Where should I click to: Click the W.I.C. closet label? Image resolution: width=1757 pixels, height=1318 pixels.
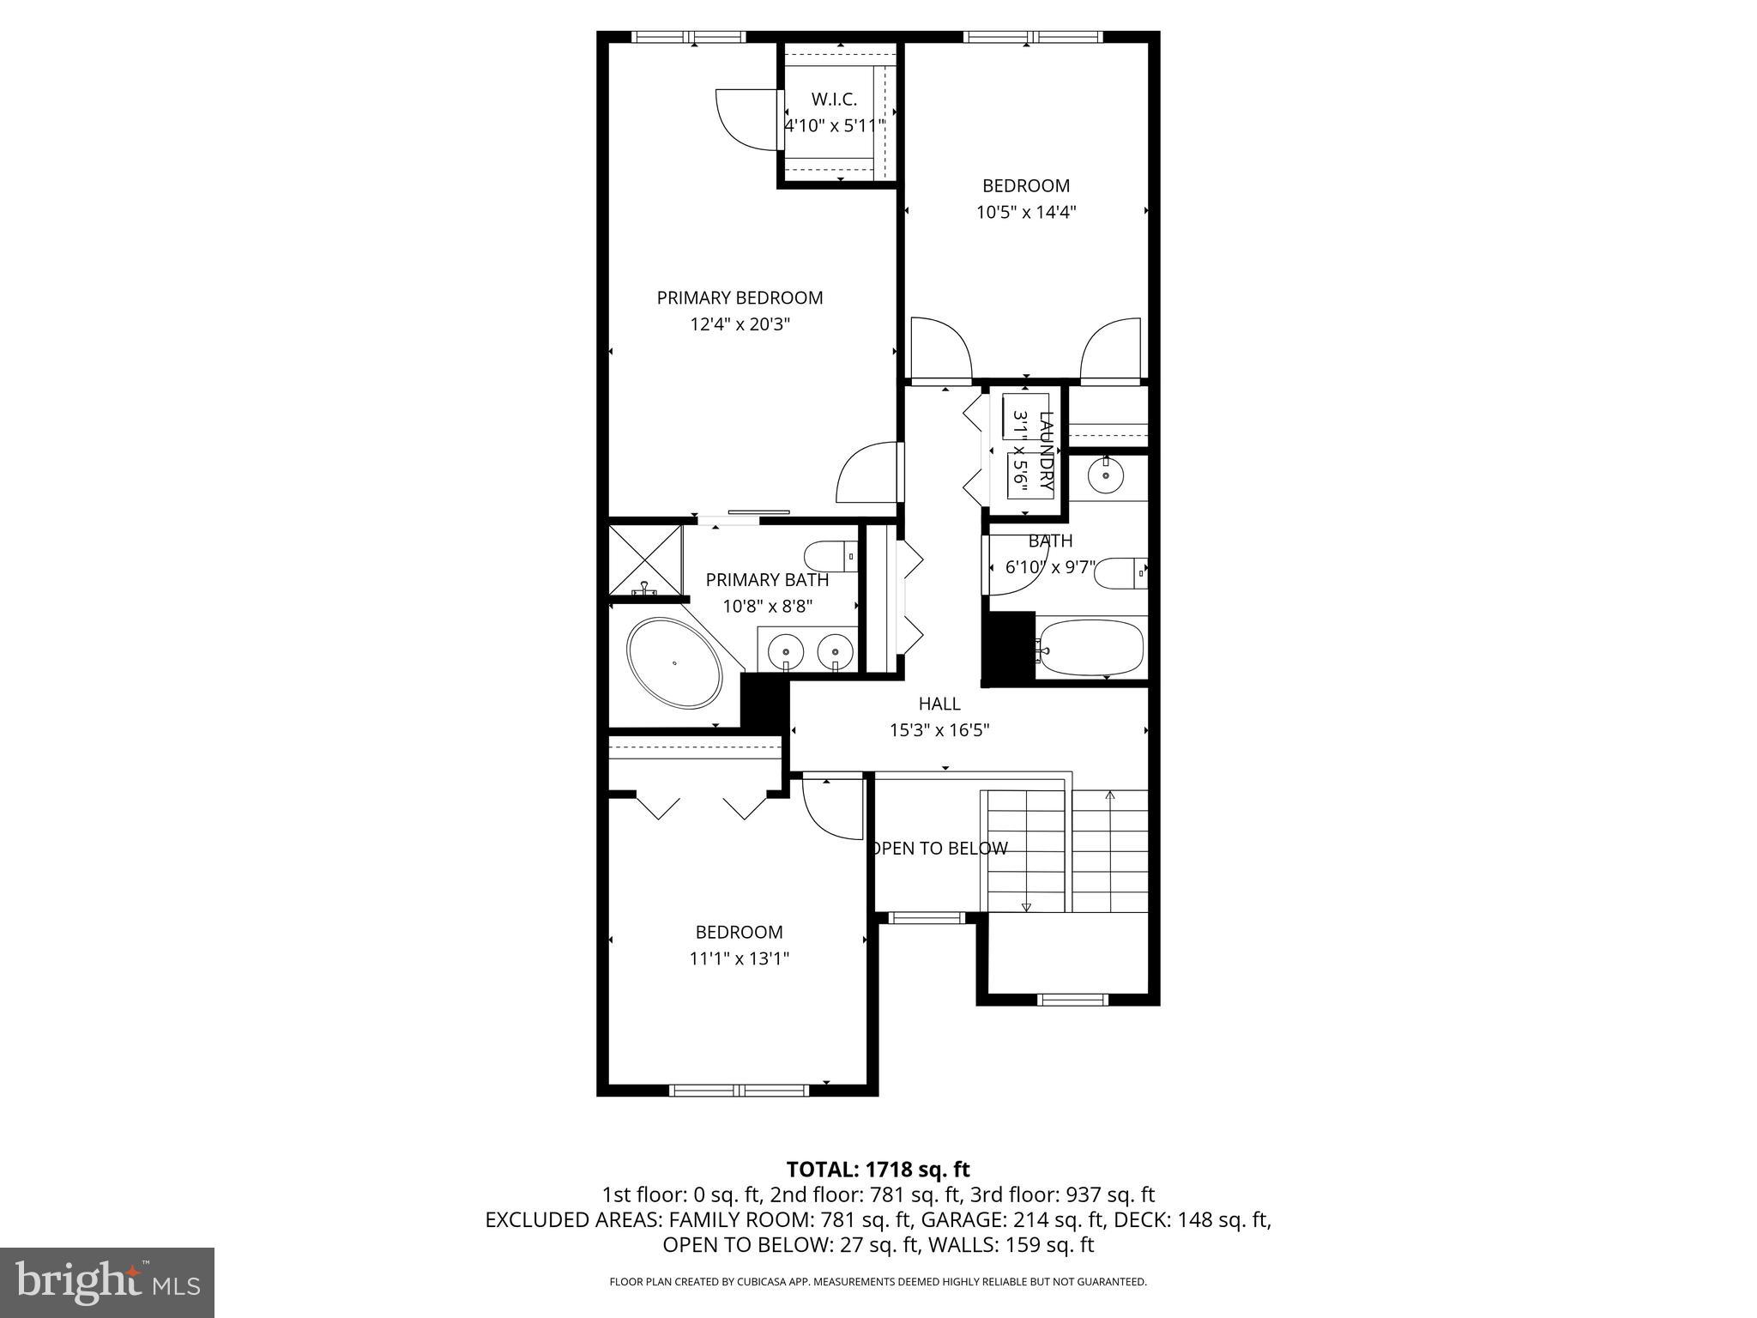coord(834,100)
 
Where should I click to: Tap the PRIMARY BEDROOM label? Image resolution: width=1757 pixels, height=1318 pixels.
coord(740,298)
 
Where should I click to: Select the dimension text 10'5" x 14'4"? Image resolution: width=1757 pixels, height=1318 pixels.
coord(1025,212)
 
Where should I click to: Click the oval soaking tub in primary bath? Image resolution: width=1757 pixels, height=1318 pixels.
coord(675,662)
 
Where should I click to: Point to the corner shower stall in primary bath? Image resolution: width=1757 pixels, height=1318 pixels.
coord(645,559)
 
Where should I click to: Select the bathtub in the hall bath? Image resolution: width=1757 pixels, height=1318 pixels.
coord(1090,648)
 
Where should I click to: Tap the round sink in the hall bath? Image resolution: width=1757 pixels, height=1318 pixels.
coord(1107,475)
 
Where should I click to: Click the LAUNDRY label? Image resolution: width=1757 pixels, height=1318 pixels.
coord(1046,451)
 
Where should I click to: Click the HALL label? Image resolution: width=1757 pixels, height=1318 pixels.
coord(939,704)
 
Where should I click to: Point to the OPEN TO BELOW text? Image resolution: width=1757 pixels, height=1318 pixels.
coord(939,849)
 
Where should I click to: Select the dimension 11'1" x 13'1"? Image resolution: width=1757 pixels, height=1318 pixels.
coord(739,958)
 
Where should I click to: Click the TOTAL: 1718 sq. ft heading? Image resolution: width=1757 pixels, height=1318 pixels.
coord(878,1169)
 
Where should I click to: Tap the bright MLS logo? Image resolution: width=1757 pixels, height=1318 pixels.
coord(107,1282)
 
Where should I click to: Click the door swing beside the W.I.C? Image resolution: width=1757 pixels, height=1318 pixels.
coord(743,120)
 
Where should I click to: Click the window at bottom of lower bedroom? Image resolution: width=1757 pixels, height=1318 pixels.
coord(739,1091)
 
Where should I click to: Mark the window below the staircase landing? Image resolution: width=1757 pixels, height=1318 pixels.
coord(1072,999)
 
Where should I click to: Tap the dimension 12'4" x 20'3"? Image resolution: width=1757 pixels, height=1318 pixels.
coord(740,324)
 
